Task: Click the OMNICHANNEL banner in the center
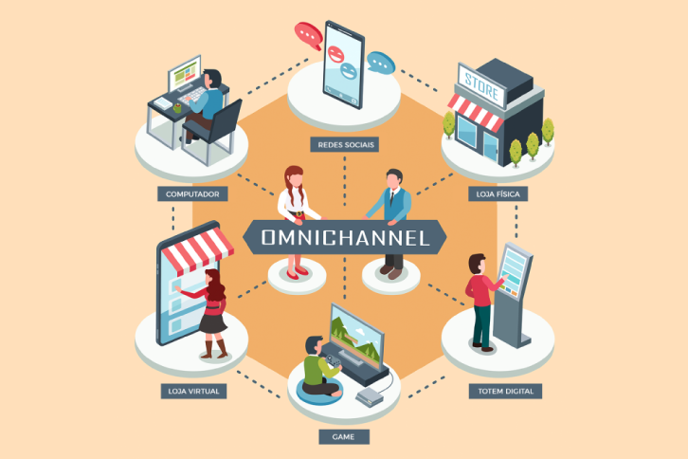click(x=344, y=237)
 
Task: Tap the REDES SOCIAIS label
click(x=344, y=144)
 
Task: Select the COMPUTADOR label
click(x=192, y=193)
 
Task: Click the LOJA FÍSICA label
click(x=498, y=193)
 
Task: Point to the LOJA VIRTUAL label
click(x=193, y=391)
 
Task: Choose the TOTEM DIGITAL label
click(x=505, y=391)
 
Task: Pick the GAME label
click(x=344, y=436)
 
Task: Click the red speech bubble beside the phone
click(x=309, y=35)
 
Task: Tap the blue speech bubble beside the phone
click(x=380, y=64)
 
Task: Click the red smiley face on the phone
click(x=335, y=54)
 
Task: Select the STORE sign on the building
click(x=481, y=86)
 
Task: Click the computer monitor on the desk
click(x=184, y=73)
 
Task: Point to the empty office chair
click(x=214, y=131)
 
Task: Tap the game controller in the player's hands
click(x=334, y=361)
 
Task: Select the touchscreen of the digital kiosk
click(x=512, y=270)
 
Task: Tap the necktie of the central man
click(x=391, y=197)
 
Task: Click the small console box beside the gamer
click(x=369, y=396)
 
